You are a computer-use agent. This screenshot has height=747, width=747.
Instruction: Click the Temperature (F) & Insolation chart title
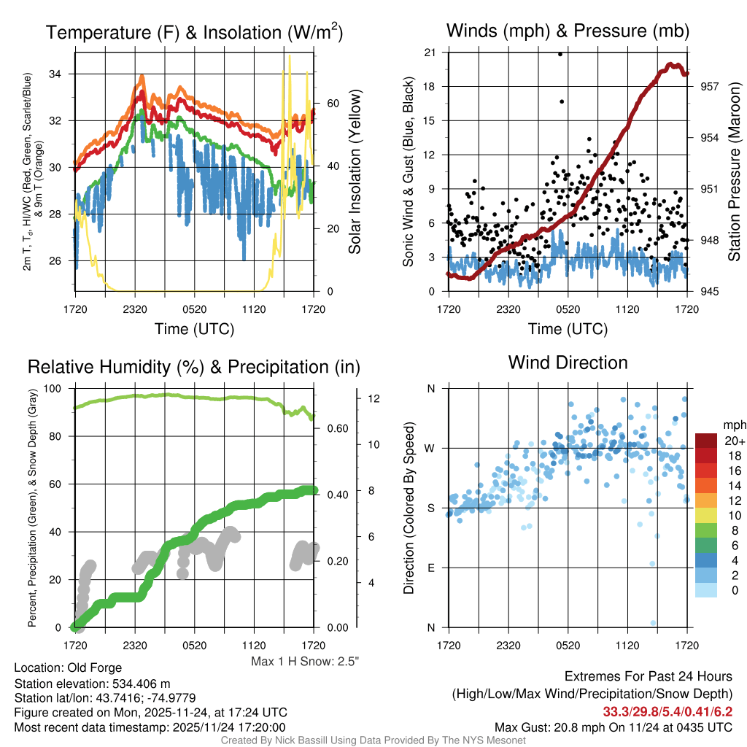[x=195, y=33]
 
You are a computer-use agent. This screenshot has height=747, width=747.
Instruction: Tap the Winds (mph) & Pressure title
[x=568, y=31]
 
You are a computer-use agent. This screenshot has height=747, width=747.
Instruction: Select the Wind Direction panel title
[x=568, y=363]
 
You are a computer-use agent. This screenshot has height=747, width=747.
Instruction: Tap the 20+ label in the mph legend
[x=733, y=441]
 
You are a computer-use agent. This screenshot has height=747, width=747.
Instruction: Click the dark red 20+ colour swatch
[x=707, y=441]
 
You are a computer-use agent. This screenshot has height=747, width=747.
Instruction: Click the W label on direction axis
[x=430, y=448]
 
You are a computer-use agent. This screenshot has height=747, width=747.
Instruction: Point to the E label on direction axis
[x=430, y=568]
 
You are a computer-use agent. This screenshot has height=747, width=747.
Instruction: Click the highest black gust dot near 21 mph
[x=560, y=54]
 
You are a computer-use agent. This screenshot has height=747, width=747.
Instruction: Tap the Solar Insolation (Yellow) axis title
[x=355, y=172]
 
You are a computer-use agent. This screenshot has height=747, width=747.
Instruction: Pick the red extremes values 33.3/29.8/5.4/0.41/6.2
[x=667, y=711]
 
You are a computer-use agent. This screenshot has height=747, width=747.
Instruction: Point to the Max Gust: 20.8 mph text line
[x=614, y=727]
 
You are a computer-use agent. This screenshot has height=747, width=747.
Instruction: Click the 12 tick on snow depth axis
[x=374, y=399]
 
